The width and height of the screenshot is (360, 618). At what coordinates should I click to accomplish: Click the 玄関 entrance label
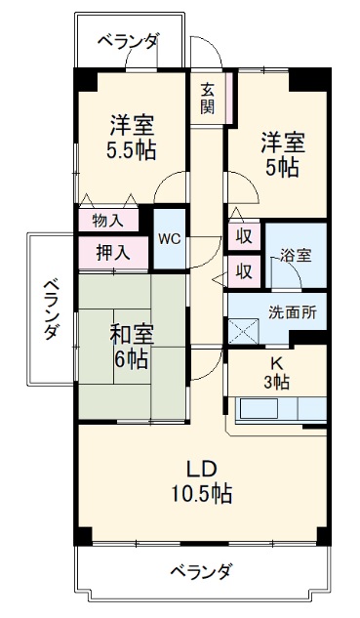208,98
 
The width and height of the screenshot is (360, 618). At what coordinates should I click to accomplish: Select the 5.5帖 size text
132,151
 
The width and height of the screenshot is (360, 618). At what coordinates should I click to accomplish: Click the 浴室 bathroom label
297,256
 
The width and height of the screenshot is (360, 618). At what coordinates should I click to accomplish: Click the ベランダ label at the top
129,41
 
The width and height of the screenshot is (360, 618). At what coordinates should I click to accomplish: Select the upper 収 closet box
243,235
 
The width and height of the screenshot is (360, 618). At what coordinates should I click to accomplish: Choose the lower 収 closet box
243,269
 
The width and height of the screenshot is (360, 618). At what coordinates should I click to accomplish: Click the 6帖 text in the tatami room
131,359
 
